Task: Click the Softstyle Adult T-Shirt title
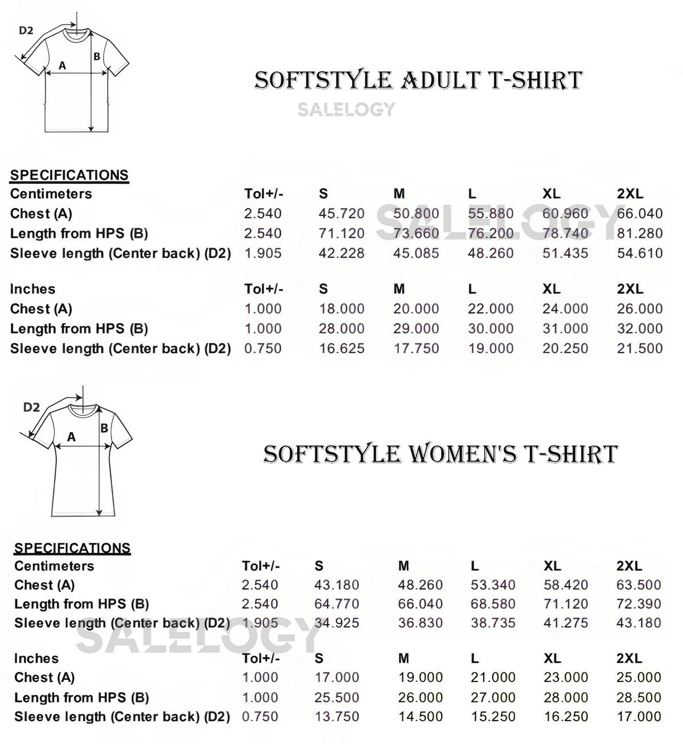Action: pyautogui.click(x=418, y=80)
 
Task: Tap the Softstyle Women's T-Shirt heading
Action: pyautogui.click(x=440, y=454)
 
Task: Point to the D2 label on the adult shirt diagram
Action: pyautogui.click(x=26, y=31)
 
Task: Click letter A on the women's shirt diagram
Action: pyautogui.click(x=71, y=437)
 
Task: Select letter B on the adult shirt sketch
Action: pyautogui.click(x=97, y=56)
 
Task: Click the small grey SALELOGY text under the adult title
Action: pyautogui.click(x=346, y=109)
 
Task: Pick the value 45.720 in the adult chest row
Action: pyautogui.click(x=341, y=214)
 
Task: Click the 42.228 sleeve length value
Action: pyautogui.click(x=341, y=253)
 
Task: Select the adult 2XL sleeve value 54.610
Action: pyautogui.click(x=640, y=253)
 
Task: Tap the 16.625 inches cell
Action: pyautogui.click(x=341, y=348)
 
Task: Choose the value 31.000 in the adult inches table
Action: pyautogui.click(x=565, y=329)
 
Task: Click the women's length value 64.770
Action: pyautogui.click(x=337, y=604)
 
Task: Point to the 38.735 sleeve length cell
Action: pyautogui.click(x=493, y=623)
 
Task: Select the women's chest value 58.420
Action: pyautogui.click(x=566, y=585)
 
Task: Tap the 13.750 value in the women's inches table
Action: pyautogui.click(x=337, y=717)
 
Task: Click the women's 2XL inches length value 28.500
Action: pyautogui.click(x=639, y=697)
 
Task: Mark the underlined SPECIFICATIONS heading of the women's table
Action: pyautogui.click(x=72, y=548)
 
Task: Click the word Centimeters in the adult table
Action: pyautogui.click(x=51, y=194)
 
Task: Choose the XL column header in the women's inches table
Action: pyautogui.click(x=553, y=658)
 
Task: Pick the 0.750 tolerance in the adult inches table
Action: pyautogui.click(x=263, y=348)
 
